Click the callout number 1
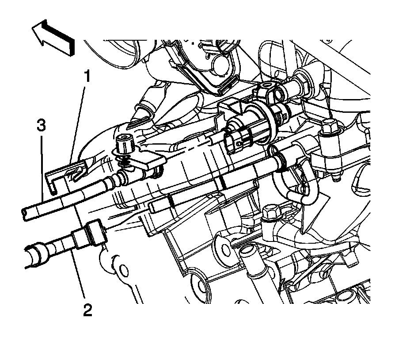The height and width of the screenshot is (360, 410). (87, 76)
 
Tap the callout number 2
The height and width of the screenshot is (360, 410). (87, 310)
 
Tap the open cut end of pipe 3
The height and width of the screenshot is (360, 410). (25, 214)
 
